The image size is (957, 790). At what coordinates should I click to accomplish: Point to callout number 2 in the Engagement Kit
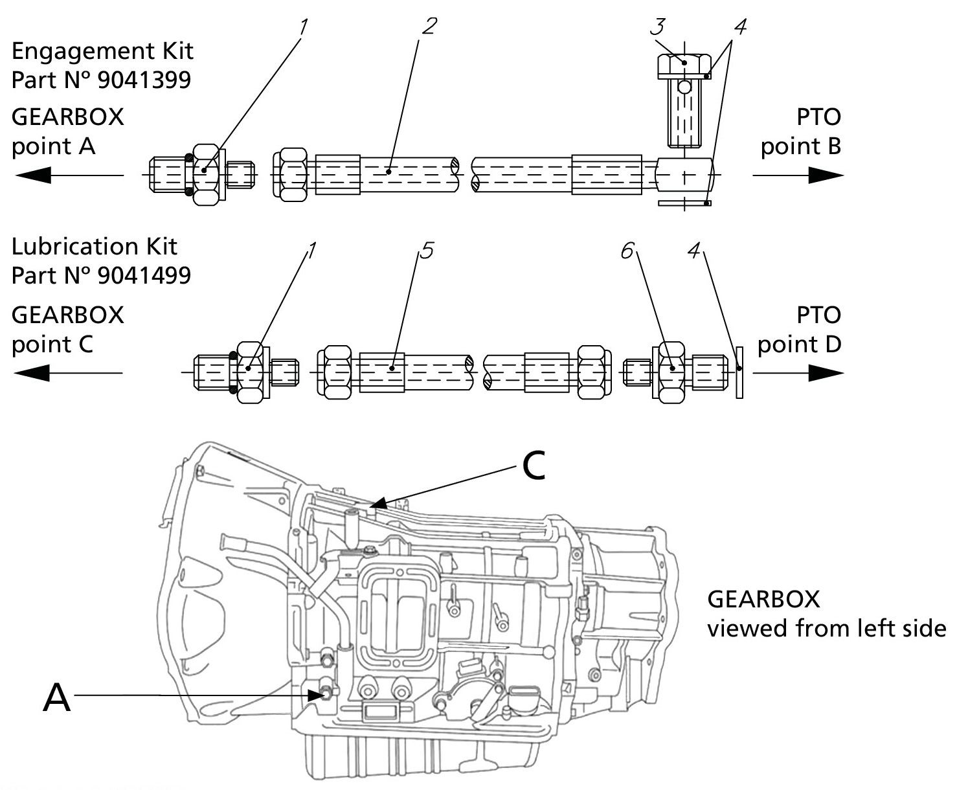pyautogui.click(x=429, y=26)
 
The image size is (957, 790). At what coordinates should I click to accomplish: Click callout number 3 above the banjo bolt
pyautogui.click(x=659, y=27)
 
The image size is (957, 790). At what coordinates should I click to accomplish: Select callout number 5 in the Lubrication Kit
pyautogui.click(x=427, y=250)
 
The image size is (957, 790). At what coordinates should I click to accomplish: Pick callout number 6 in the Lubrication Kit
pyautogui.click(x=627, y=251)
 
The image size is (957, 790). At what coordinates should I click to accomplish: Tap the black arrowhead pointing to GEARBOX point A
pyautogui.click(x=32, y=175)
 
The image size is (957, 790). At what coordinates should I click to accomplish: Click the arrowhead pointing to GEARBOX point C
pyautogui.click(x=32, y=374)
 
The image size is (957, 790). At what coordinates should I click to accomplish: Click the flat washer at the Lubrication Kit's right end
pyautogui.click(x=739, y=372)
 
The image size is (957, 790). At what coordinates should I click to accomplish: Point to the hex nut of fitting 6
pyautogui.click(x=671, y=372)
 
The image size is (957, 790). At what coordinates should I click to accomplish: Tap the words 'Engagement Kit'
pyautogui.click(x=102, y=51)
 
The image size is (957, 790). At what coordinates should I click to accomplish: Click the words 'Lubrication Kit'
pyautogui.click(x=95, y=247)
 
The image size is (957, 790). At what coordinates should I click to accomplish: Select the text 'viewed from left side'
pyautogui.click(x=826, y=628)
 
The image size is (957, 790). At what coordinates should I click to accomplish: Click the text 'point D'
pyautogui.click(x=800, y=344)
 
